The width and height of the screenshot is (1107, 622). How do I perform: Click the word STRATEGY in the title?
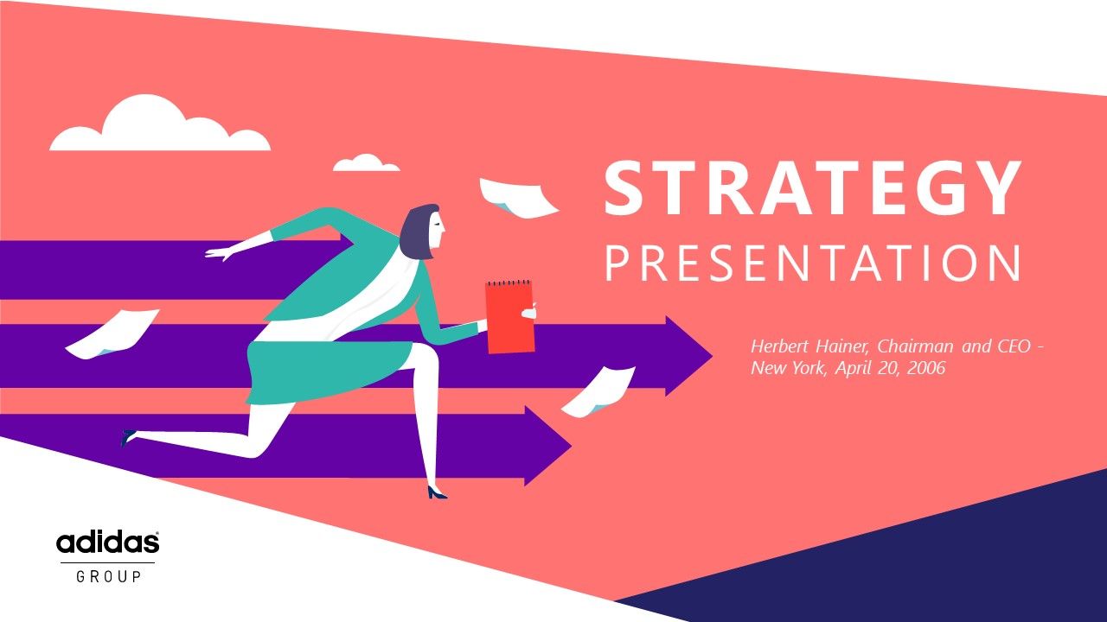pyautogui.click(x=812, y=187)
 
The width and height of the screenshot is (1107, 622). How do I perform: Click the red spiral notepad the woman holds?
pyautogui.click(x=509, y=316)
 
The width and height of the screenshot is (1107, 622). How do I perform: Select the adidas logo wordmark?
pyautogui.click(x=108, y=543)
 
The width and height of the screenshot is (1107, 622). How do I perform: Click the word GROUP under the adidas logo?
pyautogui.click(x=109, y=576)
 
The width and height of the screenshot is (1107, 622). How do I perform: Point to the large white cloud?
pyautogui.click(x=160, y=123)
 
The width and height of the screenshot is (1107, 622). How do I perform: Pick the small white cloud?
pyautogui.click(x=366, y=163)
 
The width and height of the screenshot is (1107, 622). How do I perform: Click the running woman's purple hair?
pyautogui.click(x=418, y=231)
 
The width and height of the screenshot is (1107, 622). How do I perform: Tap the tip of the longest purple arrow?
pyautogui.click(x=712, y=355)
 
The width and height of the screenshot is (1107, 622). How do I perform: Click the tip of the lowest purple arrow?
pyautogui.click(x=572, y=447)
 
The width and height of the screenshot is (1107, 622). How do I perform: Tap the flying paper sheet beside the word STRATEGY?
pyautogui.click(x=517, y=199)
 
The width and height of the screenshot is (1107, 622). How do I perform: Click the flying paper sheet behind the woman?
pyautogui.click(x=112, y=333)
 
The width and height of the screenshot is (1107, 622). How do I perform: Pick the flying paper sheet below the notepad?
pyautogui.click(x=598, y=392)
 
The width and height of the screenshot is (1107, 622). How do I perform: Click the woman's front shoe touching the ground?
pyautogui.click(x=437, y=492)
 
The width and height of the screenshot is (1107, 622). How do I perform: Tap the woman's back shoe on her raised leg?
pyautogui.click(x=127, y=437)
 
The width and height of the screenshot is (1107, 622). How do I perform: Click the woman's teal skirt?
pyautogui.click(x=329, y=371)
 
